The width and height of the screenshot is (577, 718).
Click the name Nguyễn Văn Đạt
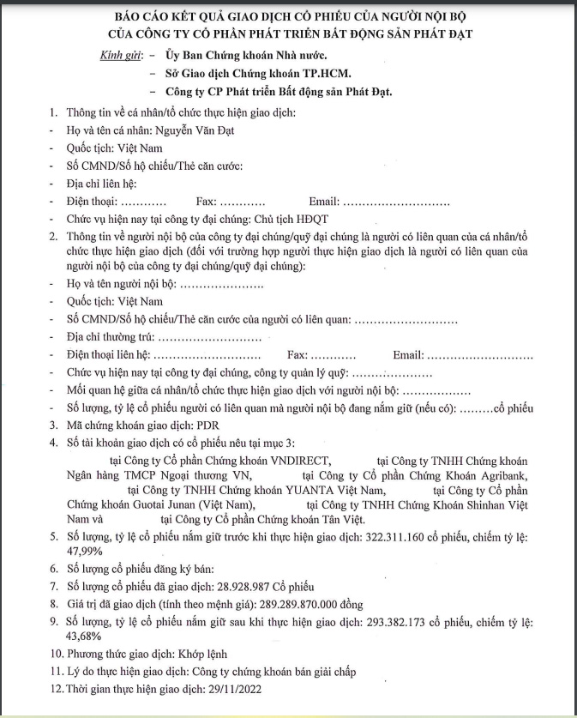[x=193, y=130]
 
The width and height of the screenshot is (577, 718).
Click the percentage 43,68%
[x=86, y=637]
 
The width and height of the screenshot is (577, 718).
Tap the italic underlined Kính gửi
[x=119, y=56]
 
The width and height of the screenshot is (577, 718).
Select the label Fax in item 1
[x=205, y=201]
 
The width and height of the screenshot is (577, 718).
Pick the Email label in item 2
[x=407, y=355]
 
